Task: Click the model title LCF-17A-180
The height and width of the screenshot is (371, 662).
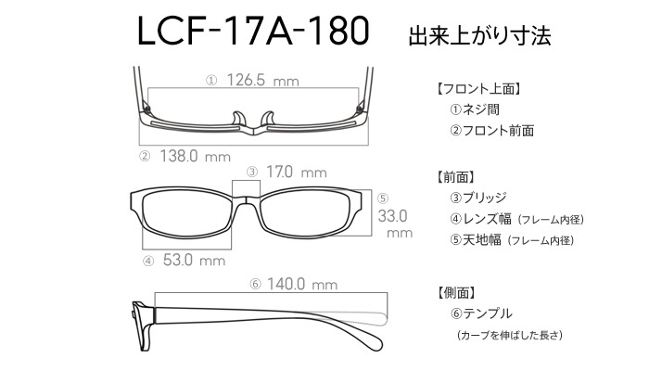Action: tap(253, 31)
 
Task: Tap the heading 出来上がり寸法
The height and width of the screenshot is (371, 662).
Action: tap(479, 36)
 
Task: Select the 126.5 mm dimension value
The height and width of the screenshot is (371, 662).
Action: tap(263, 80)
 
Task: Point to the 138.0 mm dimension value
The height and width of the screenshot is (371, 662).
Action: tap(195, 157)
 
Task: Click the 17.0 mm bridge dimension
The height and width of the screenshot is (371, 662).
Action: tap(297, 172)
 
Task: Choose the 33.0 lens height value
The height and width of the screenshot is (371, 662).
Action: tap(392, 216)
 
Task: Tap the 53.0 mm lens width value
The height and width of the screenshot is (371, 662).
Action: tap(194, 260)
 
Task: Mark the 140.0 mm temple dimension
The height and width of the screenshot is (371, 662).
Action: tap(302, 284)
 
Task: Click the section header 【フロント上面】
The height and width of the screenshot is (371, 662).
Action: tap(477, 89)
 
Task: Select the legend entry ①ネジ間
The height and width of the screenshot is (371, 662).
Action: tap(475, 109)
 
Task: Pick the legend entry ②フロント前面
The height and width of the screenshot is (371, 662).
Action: tap(491, 131)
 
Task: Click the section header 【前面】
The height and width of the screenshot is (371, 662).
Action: tap(455, 177)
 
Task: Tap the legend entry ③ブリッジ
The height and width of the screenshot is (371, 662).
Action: tap(477, 198)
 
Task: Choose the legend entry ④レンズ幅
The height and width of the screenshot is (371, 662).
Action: tap(480, 219)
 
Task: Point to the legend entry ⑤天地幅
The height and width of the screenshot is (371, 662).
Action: tap(476, 240)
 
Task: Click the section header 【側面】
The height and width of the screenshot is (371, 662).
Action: tap(455, 292)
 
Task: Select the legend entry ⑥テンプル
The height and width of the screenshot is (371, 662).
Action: tap(481, 313)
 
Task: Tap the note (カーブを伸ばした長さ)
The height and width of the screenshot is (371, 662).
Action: tap(510, 335)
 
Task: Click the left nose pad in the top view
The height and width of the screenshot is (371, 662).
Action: tap(239, 119)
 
